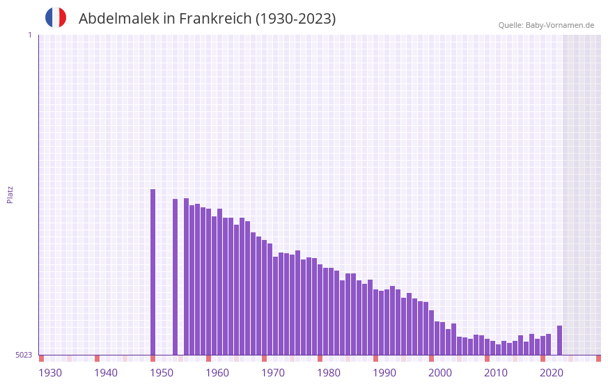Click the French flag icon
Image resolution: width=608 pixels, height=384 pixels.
coord(56,17)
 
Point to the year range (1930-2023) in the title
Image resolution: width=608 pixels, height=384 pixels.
coord(296,19)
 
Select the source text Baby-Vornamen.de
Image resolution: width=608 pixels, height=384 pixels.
coord(559,25)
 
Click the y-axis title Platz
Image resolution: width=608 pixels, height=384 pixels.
coord(10,194)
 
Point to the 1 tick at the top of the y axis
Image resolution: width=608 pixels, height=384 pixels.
coord(29,35)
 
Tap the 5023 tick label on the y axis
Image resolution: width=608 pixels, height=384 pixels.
coord(24,355)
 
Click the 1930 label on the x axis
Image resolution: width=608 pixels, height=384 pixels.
coord(50,373)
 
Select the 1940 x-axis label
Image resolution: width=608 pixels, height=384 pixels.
coord(106,373)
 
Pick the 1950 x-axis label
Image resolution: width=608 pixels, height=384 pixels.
coord(162,373)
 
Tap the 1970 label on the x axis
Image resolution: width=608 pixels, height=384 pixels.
coord(273,373)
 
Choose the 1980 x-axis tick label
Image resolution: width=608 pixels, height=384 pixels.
coord(329,373)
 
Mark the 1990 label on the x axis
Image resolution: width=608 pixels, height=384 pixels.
coord(384,373)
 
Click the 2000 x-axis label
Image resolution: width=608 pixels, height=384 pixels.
coord(440,373)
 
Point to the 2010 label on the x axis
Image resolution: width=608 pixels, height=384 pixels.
coord(496,373)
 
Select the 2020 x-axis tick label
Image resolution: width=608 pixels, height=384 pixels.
coord(552,373)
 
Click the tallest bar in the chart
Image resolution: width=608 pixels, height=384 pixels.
coord(153,271)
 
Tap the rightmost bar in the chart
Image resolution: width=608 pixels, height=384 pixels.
coord(559,340)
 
